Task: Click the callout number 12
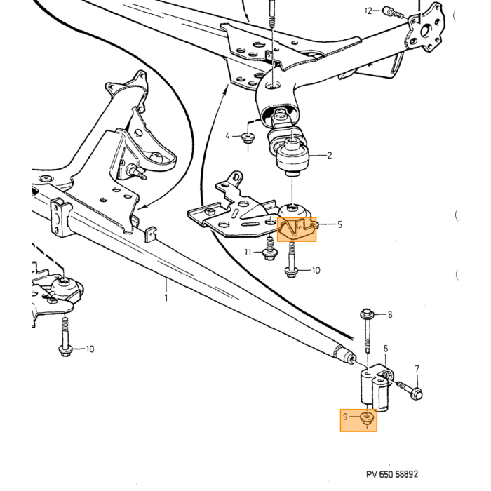tap(368, 11)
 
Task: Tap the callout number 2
tap(329, 155)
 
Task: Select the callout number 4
tap(228, 136)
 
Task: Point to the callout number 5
tap(339, 224)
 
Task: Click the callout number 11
tap(248, 252)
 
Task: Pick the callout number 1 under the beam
tap(166, 297)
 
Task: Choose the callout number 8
tap(390, 314)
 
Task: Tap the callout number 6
tap(386, 348)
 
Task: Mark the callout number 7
tap(417, 369)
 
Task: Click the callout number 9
tap(345, 417)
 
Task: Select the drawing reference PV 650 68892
tap(392, 474)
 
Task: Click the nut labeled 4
tap(248, 137)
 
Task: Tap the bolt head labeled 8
tap(366, 313)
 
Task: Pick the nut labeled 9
tap(367, 418)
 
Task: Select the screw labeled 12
tap(394, 13)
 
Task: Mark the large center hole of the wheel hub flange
tap(426, 31)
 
